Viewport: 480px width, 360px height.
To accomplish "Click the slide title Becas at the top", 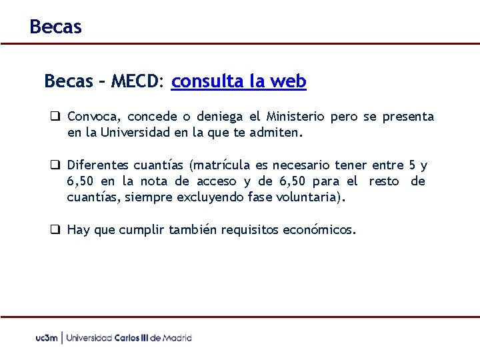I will tap(55, 27).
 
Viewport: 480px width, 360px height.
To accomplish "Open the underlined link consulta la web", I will tap(239, 81).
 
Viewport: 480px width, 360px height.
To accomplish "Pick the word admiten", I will tap(276, 132).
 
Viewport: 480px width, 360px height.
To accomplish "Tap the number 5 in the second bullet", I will tap(411, 165).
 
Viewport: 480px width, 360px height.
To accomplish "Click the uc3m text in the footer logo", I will tap(47, 338).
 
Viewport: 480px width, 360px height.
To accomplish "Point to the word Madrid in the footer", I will tap(177, 338).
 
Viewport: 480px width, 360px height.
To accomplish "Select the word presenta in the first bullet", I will tap(408, 117).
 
